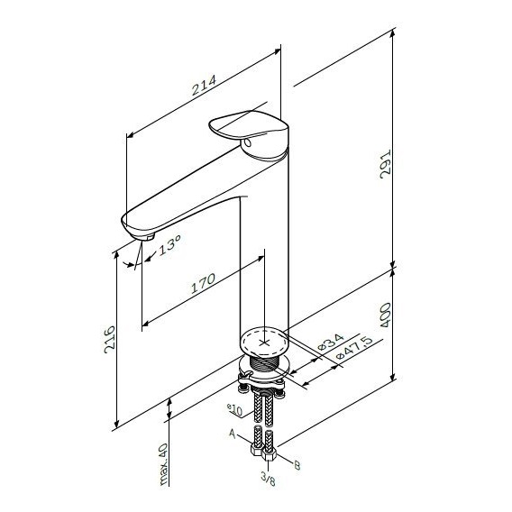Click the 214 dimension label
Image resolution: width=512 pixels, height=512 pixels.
[204, 85]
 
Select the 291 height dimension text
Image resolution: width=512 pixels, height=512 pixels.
[386, 164]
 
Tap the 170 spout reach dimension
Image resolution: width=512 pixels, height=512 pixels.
[203, 283]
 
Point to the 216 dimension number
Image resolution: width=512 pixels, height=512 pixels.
[109, 340]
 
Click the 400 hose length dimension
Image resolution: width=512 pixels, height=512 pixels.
[386, 315]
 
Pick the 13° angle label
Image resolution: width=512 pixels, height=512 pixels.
[169, 245]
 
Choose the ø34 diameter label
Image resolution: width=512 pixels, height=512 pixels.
[330, 342]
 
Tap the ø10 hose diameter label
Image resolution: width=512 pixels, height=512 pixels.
[234, 409]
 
